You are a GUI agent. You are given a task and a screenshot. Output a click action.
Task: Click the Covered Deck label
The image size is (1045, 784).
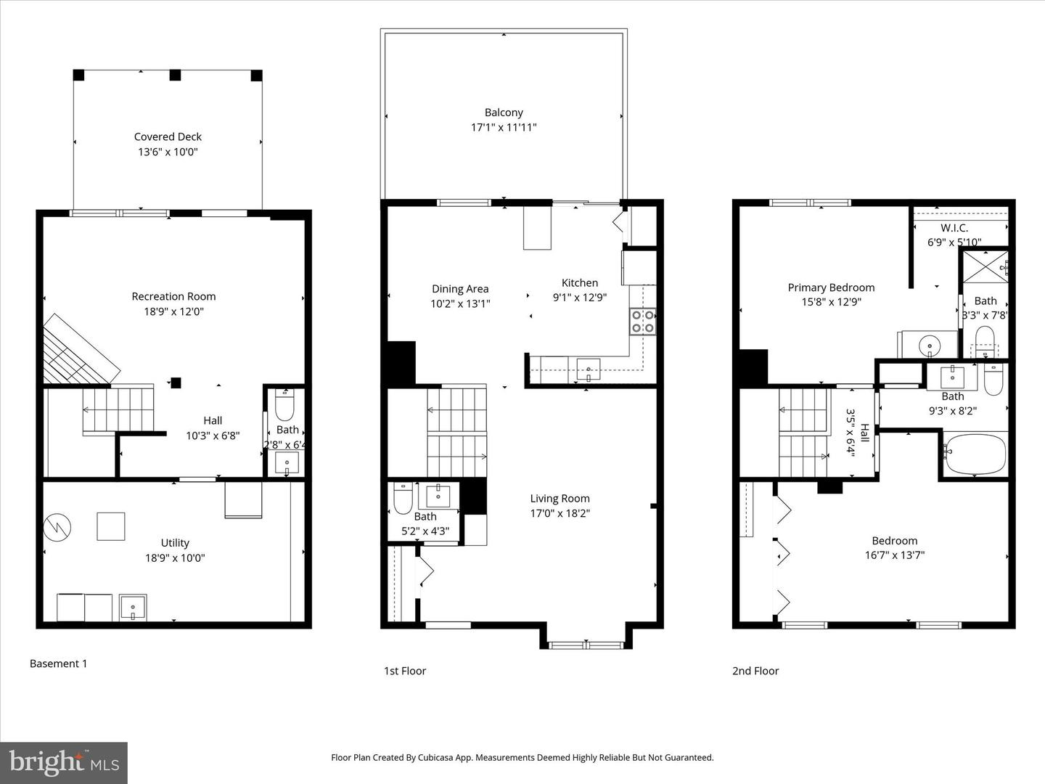pos(168,136)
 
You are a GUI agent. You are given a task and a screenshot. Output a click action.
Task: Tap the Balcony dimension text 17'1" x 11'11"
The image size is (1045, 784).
pos(504,128)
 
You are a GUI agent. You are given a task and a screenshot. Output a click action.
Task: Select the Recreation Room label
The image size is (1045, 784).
pos(173,296)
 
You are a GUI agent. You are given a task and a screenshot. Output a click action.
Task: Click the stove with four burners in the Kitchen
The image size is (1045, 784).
pos(642,321)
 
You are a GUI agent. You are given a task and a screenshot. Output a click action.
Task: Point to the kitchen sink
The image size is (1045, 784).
pos(588,369)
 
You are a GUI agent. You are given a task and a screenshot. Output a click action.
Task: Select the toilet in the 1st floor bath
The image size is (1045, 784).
pos(403,497)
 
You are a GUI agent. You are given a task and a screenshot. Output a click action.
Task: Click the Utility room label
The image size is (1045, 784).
pos(175,542)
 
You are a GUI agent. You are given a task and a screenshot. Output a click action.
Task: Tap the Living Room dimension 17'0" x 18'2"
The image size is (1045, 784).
pos(560,513)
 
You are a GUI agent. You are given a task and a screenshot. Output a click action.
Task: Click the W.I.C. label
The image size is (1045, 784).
pos(954,228)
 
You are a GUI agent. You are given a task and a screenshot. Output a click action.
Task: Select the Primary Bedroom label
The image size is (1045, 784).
pos(831,287)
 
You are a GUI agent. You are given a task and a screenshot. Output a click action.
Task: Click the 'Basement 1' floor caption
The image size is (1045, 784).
pos(58,663)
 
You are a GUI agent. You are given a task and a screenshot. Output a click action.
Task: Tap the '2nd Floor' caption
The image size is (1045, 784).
pos(755,671)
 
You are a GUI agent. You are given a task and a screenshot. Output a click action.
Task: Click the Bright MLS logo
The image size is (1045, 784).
pos(64,762)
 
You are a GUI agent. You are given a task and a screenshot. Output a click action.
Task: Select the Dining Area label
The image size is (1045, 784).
pos(460,289)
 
